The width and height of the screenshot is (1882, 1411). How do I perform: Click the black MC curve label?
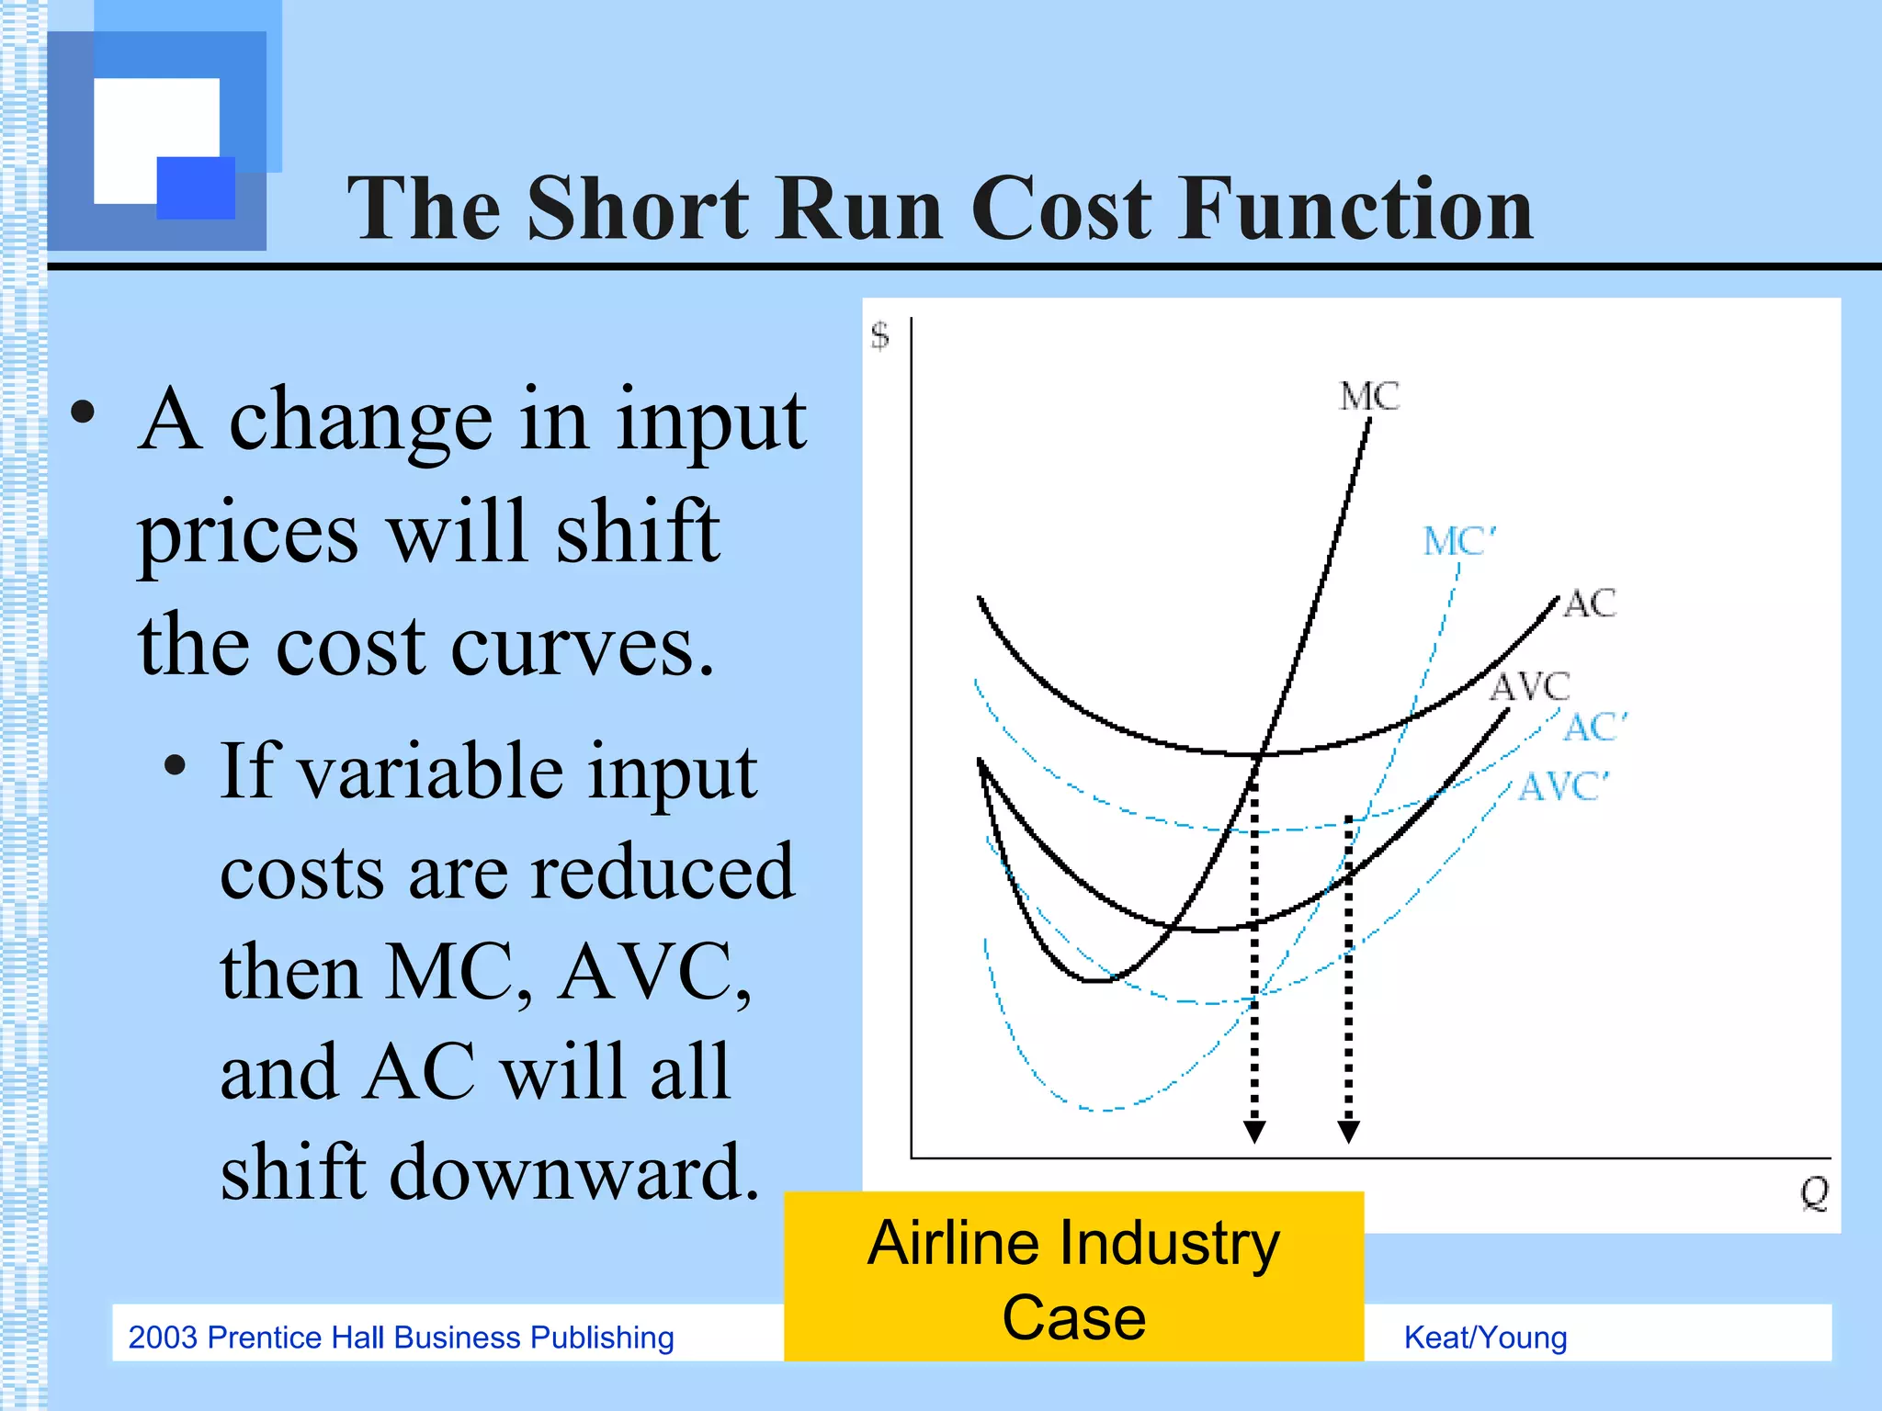pyautogui.click(x=1369, y=397)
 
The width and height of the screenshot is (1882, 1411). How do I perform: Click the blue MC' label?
pyautogui.click(x=1459, y=541)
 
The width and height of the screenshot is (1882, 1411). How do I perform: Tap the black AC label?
pyautogui.click(x=1590, y=604)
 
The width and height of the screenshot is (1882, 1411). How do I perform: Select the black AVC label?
pyautogui.click(x=1530, y=686)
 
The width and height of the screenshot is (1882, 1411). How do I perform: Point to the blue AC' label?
pyautogui.click(x=1595, y=727)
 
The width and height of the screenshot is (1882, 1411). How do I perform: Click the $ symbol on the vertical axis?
pyautogui.click(x=880, y=335)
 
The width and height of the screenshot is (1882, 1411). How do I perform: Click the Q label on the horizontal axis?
pyautogui.click(x=1814, y=1192)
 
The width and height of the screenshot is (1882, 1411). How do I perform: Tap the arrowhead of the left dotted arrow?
pyautogui.click(x=1254, y=1132)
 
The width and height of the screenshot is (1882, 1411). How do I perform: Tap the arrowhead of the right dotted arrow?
pyautogui.click(x=1348, y=1132)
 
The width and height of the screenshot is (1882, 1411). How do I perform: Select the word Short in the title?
pyautogui.click(x=638, y=209)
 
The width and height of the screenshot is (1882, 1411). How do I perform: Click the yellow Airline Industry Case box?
pyautogui.click(x=1073, y=1277)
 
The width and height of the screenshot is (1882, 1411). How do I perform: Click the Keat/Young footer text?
pyautogui.click(x=1485, y=1338)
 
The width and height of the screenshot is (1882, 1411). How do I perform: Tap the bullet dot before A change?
pyautogui.click(x=83, y=413)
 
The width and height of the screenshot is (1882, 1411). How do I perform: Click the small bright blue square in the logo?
pyautogui.click(x=196, y=187)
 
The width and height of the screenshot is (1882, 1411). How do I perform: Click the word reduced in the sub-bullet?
pyautogui.click(x=662, y=873)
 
